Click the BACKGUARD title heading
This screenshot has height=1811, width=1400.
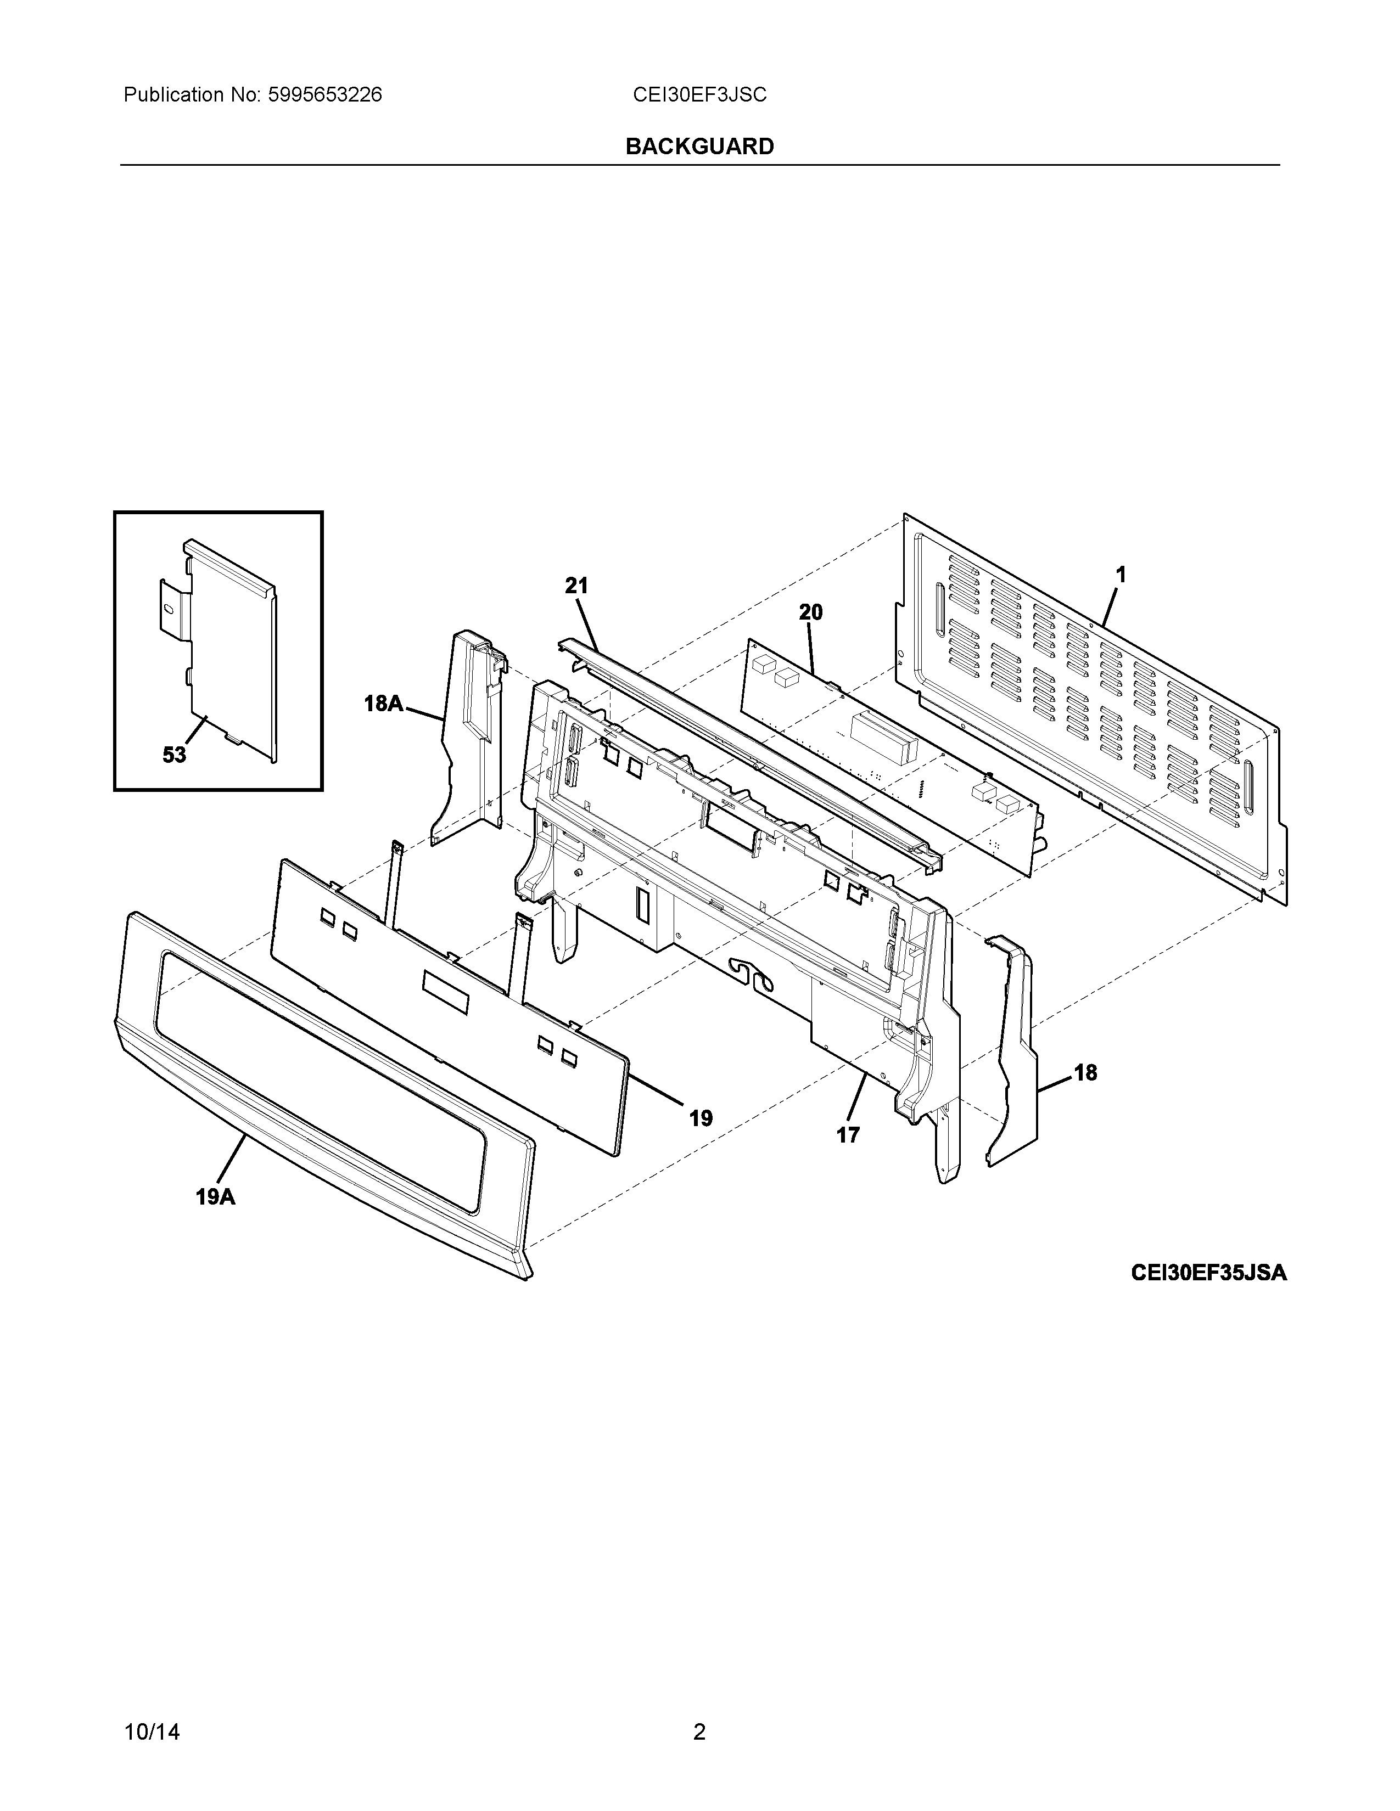point(699,147)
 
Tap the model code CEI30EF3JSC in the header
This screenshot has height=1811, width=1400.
point(699,95)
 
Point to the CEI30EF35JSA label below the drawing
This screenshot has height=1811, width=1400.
point(1208,1272)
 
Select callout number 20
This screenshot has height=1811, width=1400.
point(810,613)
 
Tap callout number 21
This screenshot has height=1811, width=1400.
point(576,586)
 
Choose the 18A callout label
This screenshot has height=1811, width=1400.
point(384,704)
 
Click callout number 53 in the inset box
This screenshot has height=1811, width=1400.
point(174,756)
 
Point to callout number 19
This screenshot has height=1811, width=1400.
point(701,1118)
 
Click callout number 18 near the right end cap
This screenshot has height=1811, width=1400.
point(1085,1073)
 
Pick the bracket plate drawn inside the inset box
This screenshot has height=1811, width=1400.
point(228,647)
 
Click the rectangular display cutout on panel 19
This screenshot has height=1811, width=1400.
point(445,993)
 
